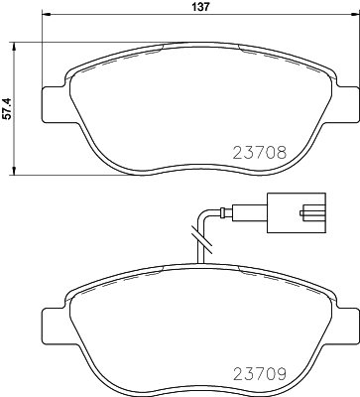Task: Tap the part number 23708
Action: [259, 153]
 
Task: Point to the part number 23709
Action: [259, 375]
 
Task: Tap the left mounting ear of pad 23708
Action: [56, 101]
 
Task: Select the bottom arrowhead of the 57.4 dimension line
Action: [13, 172]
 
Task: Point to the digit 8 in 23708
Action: [282, 153]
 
